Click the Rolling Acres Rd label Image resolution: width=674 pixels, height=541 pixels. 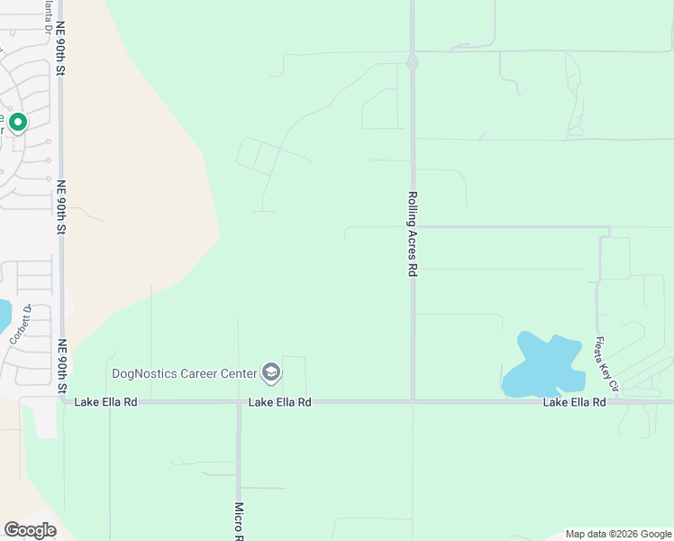tap(413, 233)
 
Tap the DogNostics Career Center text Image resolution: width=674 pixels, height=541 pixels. tap(183, 372)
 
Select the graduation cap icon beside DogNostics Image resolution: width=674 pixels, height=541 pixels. tap(270, 371)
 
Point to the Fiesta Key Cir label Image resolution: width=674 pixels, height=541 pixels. tap(605, 364)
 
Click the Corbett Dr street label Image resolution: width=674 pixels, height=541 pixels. tap(21, 324)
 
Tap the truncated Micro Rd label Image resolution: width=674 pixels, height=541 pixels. tap(240, 520)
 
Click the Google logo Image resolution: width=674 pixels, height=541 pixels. tap(30, 530)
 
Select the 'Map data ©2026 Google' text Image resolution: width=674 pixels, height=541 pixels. tap(618, 534)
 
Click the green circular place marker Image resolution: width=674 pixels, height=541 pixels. tap(17, 121)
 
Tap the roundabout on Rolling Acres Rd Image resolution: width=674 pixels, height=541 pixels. tap(412, 63)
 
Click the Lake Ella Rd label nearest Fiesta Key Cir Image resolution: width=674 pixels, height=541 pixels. tap(574, 402)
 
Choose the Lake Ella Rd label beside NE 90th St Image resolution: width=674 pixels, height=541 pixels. tap(106, 402)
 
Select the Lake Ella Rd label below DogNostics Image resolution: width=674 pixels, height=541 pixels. tap(280, 402)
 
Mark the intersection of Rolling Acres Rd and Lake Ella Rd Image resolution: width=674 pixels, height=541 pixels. tap(413, 401)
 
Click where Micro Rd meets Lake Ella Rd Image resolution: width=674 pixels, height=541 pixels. tap(240, 402)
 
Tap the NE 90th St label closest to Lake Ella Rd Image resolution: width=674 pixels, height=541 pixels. tap(62, 366)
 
